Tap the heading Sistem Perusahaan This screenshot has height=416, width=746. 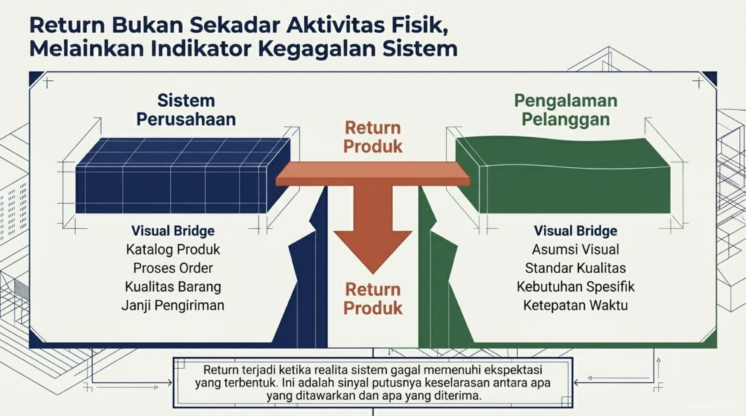pos(186,110)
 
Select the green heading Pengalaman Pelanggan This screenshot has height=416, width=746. pos(565,110)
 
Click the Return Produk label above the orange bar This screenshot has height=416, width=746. pos(373,137)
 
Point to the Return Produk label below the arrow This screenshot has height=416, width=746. pos(373,298)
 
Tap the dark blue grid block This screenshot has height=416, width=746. pos(175,182)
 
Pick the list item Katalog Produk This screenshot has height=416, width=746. pos(173,249)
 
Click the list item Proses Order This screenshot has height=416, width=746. pos(173,268)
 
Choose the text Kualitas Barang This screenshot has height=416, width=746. pos(173,286)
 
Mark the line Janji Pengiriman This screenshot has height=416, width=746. pos(173,305)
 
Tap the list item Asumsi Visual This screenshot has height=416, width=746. pos(575,249)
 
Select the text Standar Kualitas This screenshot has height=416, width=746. pos(575,268)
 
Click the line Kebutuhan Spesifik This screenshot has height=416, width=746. pos(575,286)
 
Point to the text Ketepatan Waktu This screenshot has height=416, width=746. pos(575,305)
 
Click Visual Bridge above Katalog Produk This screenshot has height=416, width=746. pos(173,231)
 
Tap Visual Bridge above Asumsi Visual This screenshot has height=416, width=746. pos(575,231)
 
